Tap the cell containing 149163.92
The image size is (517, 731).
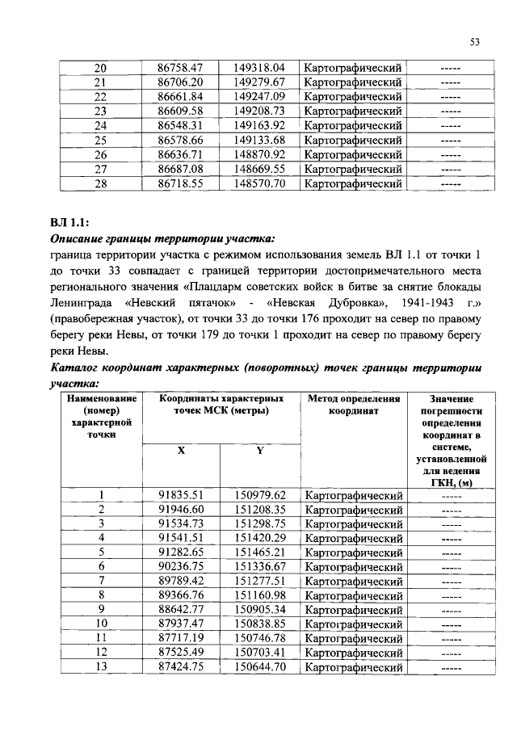click(x=260, y=126)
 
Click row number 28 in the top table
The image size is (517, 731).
click(x=100, y=184)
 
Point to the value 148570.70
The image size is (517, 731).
click(x=260, y=184)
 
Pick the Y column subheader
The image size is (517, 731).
click(x=259, y=452)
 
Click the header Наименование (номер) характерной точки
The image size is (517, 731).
click(x=102, y=416)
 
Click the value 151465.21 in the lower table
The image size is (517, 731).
click(x=260, y=553)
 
